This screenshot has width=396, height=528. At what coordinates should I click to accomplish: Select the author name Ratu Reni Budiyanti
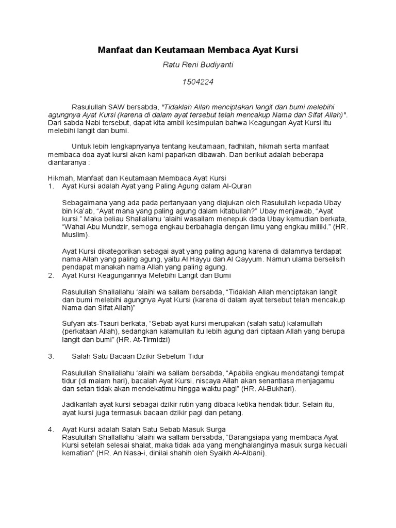(198, 66)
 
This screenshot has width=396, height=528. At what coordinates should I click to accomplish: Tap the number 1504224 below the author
(198, 81)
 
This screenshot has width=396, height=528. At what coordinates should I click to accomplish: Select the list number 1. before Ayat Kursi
(51, 186)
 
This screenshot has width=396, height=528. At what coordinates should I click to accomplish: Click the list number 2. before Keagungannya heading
(51, 276)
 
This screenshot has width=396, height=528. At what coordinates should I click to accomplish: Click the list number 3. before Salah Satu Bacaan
(51, 356)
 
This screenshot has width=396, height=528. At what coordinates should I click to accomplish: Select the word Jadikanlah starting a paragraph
(80, 405)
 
